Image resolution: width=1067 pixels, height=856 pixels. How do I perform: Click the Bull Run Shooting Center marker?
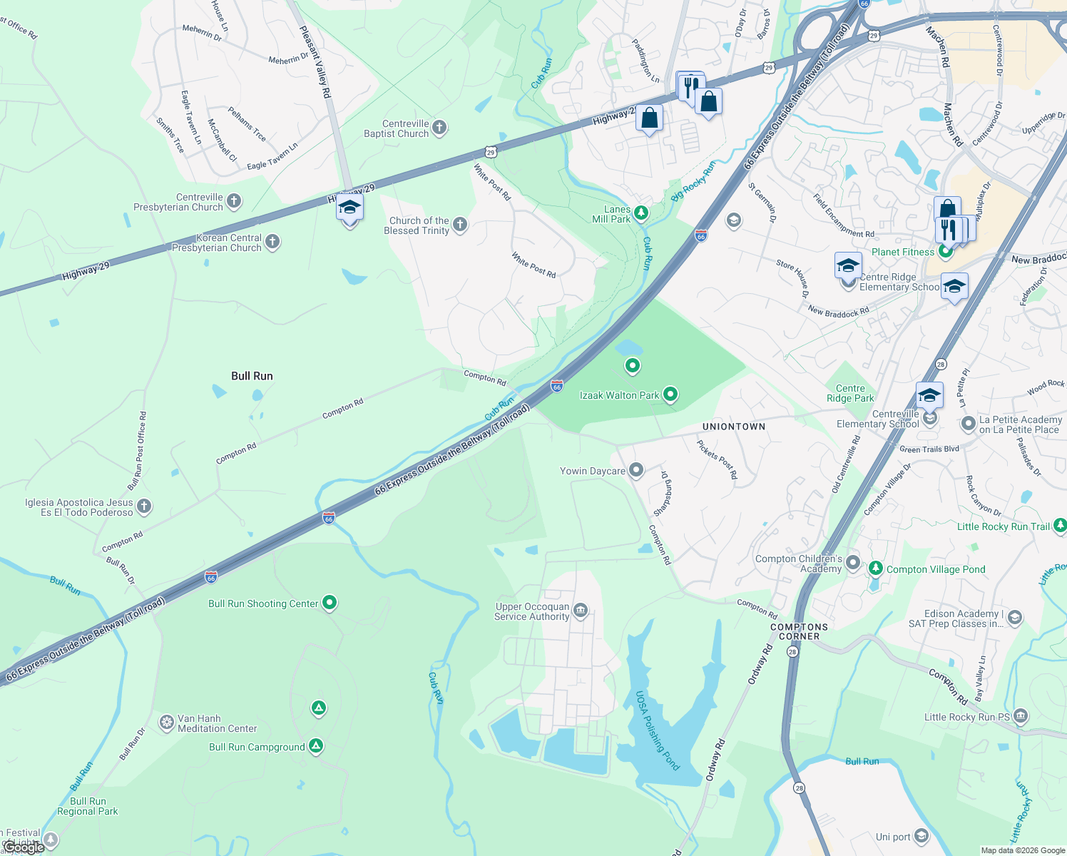pos(329,603)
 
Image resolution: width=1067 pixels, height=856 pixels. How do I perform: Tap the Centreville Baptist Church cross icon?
pos(439,128)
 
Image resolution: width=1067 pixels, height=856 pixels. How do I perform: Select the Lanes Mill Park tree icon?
pos(641,213)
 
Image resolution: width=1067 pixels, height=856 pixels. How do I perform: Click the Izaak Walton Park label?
pos(619,395)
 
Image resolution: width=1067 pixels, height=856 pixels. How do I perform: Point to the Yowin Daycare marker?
pos(635,470)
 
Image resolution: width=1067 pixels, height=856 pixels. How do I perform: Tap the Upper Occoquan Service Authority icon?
pos(581,611)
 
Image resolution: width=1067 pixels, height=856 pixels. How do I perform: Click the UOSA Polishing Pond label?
pos(657,730)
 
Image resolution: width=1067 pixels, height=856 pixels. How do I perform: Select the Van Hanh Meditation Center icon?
pos(166,723)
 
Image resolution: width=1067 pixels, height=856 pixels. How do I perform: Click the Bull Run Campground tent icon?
pos(316,746)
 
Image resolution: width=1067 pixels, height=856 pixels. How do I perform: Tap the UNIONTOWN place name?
pos(733,427)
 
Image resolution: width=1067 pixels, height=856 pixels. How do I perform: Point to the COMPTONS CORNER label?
pos(799,631)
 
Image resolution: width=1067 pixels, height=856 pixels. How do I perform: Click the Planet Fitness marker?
pos(946,251)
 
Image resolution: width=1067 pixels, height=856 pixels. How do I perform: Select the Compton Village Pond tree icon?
pos(875,569)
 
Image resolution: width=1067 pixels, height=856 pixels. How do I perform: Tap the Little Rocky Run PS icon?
pos(1021,715)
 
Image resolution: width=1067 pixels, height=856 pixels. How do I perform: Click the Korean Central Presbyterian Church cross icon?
pos(272,243)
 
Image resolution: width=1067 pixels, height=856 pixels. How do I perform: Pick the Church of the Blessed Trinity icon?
pos(460,225)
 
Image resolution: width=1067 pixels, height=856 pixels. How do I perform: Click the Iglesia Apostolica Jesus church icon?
pos(144,506)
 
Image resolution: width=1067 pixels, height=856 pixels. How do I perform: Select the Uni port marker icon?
pos(921,836)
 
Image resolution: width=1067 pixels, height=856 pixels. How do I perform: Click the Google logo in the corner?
pos(24,847)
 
